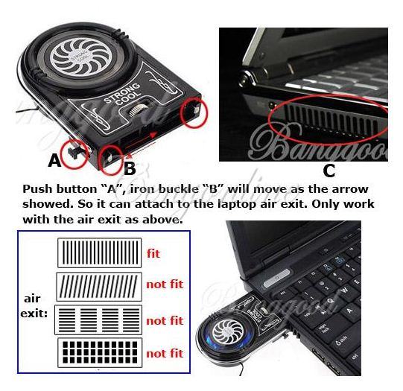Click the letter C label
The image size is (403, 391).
[329, 171]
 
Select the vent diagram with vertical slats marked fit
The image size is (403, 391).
[99, 253]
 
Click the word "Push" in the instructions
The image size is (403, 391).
[38, 190]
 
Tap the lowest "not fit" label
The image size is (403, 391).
[164, 354]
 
